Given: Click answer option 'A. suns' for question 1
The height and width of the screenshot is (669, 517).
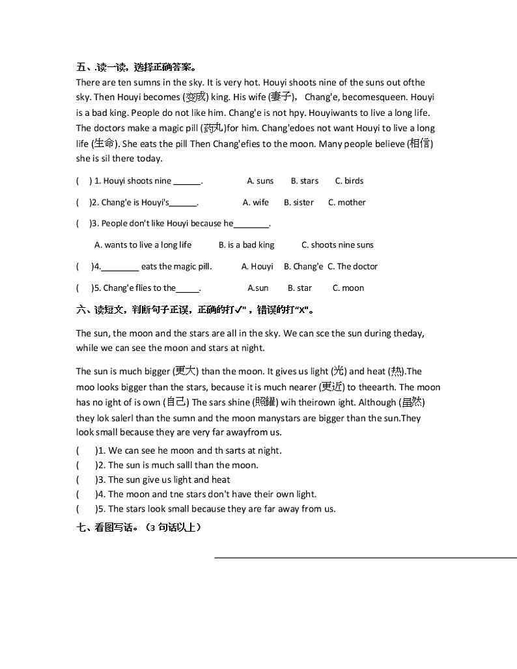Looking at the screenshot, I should (x=260, y=181).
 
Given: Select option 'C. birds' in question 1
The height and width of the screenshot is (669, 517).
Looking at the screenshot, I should (x=349, y=181).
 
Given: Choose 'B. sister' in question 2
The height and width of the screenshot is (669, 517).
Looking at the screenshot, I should (x=298, y=202).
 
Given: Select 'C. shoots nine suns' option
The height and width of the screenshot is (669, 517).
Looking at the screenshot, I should (x=337, y=245).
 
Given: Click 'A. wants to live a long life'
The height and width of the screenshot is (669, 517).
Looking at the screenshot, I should (x=143, y=245).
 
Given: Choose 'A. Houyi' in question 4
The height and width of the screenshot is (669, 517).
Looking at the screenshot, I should (x=257, y=266).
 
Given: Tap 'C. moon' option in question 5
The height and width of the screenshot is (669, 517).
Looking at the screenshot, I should (x=348, y=288).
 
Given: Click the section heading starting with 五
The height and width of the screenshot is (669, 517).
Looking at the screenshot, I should (x=136, y=67).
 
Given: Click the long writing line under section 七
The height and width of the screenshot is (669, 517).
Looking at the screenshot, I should (x=365, y=557).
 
